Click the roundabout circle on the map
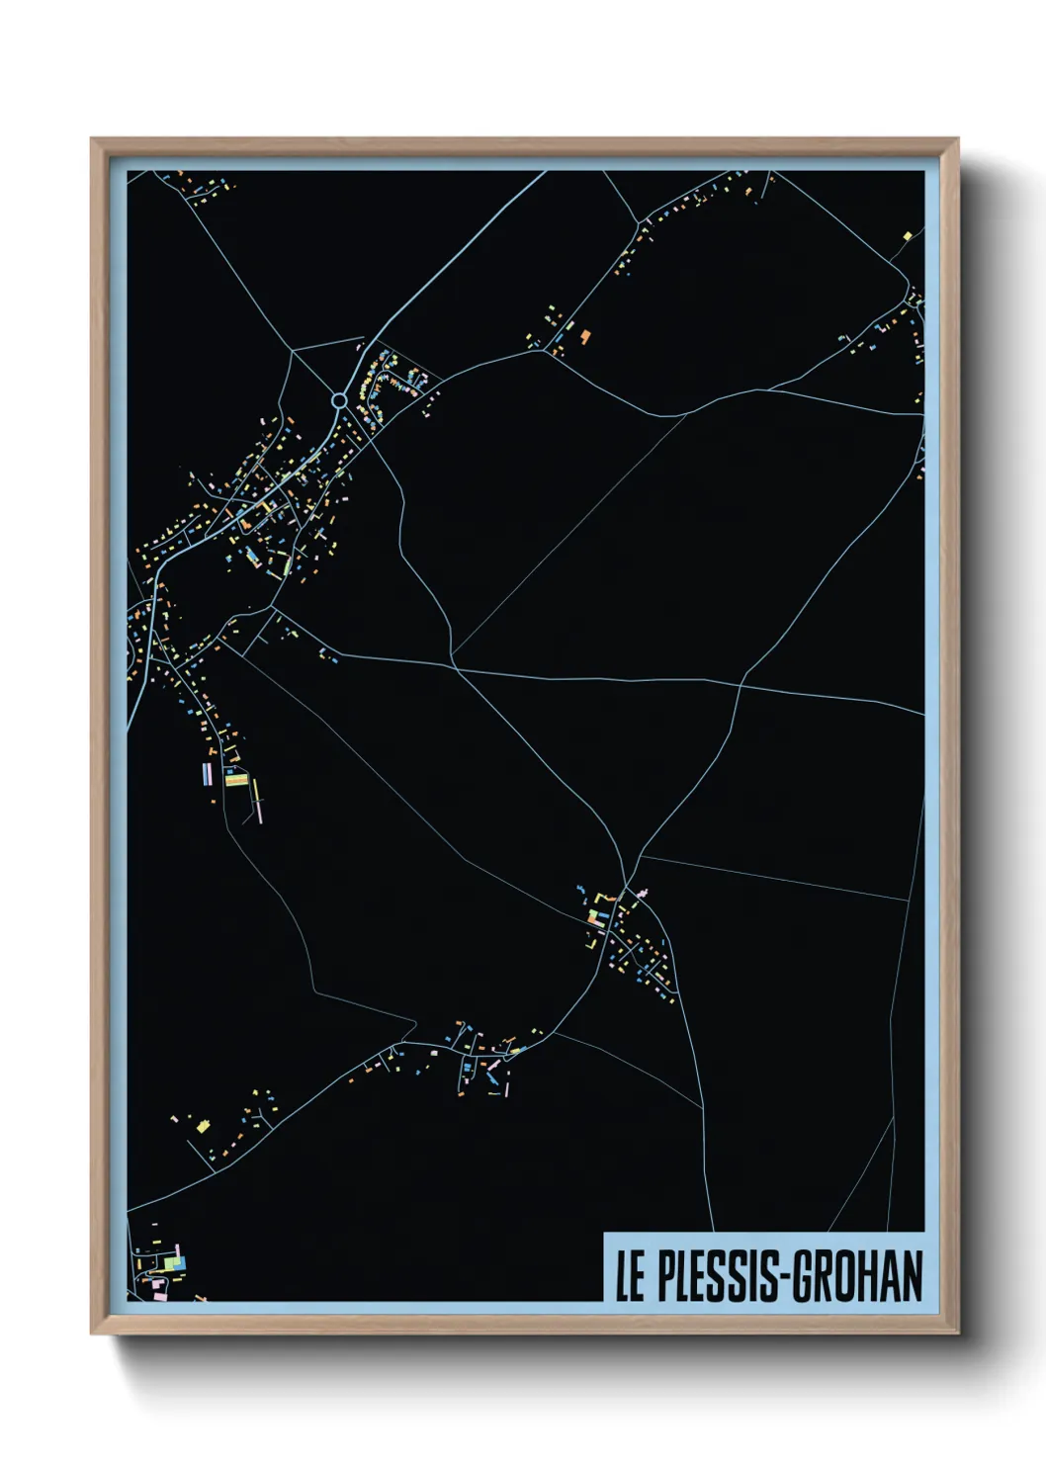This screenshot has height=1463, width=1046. pyautogui.click(x=339, y=400)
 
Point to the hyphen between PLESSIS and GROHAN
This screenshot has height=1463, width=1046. pyautogui.click(x=783, y=1277)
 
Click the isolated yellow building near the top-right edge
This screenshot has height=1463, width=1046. pyautogui.click(x=907, y=235)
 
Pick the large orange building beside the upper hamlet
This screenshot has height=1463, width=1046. pyautogui.click(x=584, y=336)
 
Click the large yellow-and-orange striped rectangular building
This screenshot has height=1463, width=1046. pyautogui.click(x=235, y=778)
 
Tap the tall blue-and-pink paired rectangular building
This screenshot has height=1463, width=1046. pyautogui.click(x=208, y=772)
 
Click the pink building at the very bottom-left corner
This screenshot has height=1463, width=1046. pyautogui.click(x=156, y=1286)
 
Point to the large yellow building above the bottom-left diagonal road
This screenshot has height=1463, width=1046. pyautogui.click(x=204, y=1125)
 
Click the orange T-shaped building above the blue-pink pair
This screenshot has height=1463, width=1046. pyautogui.click(x=230, y=753)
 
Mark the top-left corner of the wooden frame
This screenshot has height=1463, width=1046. pyautogui.click(x=92, y=138)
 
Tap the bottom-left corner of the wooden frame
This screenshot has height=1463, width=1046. pyautogui.click(x=92, y=1334)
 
